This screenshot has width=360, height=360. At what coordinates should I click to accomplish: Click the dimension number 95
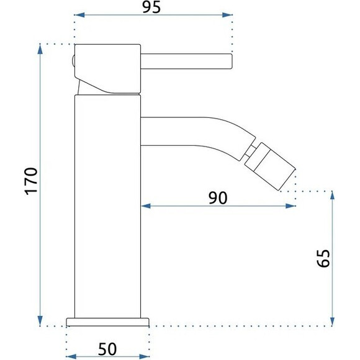tap(151, 7)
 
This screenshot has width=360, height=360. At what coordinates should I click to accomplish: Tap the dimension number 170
tap(31, 181)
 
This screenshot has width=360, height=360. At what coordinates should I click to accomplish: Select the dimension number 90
tap(218, 197)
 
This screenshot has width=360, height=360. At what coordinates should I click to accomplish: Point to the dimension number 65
tap(323, 258)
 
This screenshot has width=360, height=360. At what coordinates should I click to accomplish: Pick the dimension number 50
tap(107, 349)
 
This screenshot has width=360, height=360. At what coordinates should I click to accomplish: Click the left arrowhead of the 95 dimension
tap(79, 15)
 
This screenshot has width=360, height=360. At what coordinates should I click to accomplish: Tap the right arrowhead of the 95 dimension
tap(227, 15)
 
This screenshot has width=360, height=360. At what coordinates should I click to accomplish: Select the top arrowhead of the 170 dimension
tap(40, 50)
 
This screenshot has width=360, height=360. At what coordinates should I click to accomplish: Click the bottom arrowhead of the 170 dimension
tap(40, 320)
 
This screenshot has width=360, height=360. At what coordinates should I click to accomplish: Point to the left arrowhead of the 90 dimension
tap(146, 206)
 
